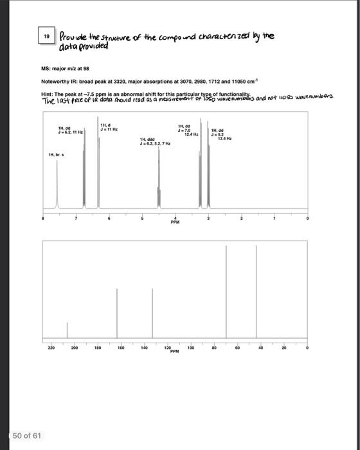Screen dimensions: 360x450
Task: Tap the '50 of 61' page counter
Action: point(27,435)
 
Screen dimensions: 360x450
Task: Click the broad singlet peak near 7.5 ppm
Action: point(57,186)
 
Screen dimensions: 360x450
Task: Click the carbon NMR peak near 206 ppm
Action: point(67,330)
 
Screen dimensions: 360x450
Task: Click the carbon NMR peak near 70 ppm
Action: point(226,292)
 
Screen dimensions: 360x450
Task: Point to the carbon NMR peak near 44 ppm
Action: point(256,292)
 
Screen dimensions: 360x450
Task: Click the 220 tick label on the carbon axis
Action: point(51,347)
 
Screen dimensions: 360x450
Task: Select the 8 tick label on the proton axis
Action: point(44,219)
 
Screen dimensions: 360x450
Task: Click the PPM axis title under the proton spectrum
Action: point(175,222)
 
